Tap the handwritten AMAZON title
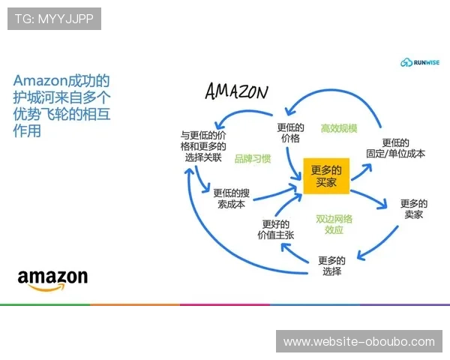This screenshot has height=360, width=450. pos(236,91)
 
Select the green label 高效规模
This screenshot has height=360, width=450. pos(339,128)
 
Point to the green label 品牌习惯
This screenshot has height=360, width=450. pos(252,159)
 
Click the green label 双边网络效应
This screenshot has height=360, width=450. pos(334,224)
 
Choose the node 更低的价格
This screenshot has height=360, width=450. pos(289,133)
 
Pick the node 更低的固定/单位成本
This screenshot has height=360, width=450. pos(394,148)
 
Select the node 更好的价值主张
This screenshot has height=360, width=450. pos(277,229)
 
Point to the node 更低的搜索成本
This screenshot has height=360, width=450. pos(230,197)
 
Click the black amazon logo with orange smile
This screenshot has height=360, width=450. pos(52,280)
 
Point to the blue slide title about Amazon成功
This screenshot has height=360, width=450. pos(62,105)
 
